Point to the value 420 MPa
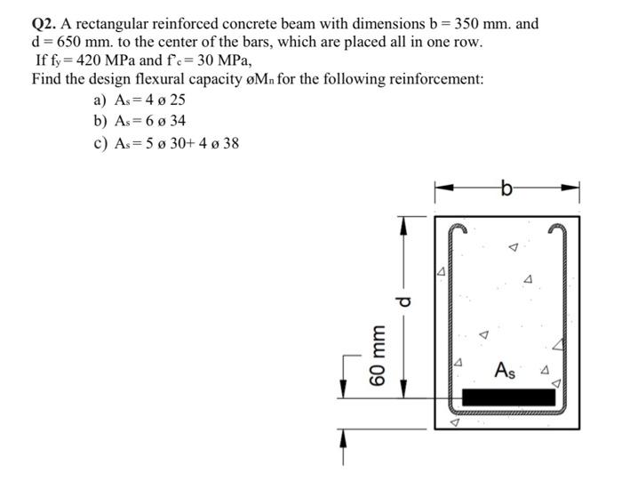97,60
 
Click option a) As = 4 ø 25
135,100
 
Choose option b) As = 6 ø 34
135,121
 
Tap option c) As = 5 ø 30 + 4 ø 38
165,142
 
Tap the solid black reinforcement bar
514,397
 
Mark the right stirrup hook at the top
557,229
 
